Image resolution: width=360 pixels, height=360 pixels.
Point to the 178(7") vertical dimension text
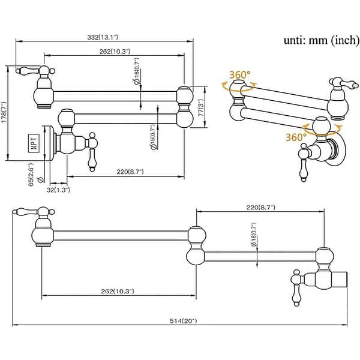[4, 113]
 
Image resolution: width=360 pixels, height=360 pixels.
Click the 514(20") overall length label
[183, 321]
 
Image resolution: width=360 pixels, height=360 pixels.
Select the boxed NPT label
[34, 143]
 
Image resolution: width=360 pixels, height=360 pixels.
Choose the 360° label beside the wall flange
[296, 137]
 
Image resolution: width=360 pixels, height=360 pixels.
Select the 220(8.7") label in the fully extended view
[259, 207]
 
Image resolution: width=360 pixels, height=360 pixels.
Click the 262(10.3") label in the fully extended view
[118, 291]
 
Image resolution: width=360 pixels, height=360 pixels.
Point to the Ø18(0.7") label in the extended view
[254, 232]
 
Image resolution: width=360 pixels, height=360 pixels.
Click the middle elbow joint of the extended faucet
[196, 244]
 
